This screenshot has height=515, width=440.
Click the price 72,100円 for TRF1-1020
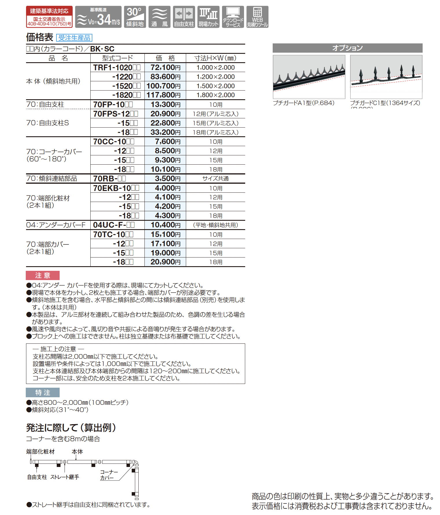[x=165, y=67]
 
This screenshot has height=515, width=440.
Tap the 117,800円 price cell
[x=165, y=95]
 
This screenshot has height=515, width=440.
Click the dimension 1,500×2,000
[x=215, y=86]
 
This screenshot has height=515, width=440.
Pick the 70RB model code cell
[x=109, y=179]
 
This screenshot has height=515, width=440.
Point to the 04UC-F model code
[x=114, y=225]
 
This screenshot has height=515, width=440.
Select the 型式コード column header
[x=117, y=58]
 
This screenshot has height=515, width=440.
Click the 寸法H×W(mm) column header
[x=215, y=58]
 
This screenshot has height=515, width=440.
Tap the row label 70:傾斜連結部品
[x=52, y=179]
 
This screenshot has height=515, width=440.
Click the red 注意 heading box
[x=43, y=275]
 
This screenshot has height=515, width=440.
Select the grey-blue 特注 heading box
[x=43, y=392]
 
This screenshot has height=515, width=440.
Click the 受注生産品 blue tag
[x=74, y=38]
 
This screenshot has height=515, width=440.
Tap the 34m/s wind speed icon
[x=98, y=17]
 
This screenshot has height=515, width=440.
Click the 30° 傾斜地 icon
[x=135, y=17]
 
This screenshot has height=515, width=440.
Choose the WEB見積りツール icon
[x=257, y=17]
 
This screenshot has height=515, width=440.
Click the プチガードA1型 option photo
[x=309, y=77]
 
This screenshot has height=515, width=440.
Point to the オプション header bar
[x=347, y=48]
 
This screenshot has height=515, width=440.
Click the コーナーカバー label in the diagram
[x=108, y=475]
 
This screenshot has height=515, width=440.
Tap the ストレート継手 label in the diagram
[x=65, y=477]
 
